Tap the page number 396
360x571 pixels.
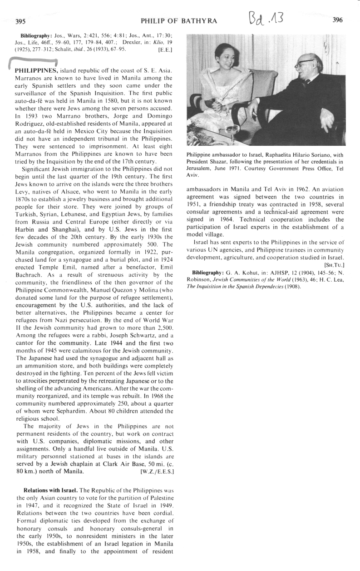click(x=337, y=20)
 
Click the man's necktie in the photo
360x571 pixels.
click(x=306, y=83)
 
